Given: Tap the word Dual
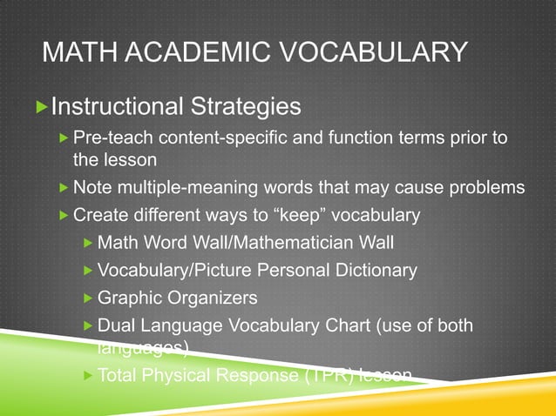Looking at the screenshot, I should click(115, 325).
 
